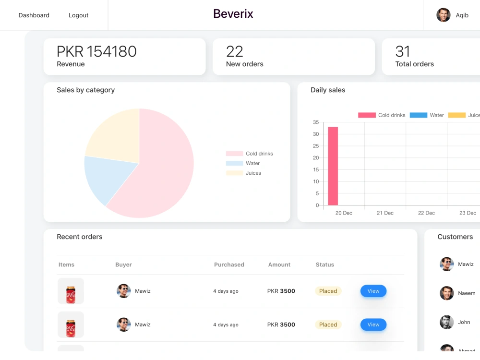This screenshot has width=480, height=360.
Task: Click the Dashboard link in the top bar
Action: pos(34,15)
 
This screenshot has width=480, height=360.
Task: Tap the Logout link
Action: pos(78,15)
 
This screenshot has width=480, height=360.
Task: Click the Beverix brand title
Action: pos(233,14)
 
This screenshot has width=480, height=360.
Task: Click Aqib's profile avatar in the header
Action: pos(443,15)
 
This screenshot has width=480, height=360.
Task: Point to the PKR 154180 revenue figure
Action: pos(97,51)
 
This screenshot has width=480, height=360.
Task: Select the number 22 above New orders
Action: pos(235,51)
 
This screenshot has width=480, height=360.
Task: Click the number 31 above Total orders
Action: pos(403,51)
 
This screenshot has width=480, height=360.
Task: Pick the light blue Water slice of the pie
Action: pos(107,178)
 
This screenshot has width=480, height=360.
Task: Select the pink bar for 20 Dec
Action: pos(333,166)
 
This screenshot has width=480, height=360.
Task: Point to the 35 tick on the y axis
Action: pos(316,122)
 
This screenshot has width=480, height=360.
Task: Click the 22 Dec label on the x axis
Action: pos(426,213)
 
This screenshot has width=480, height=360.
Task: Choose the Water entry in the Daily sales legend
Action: pos(427,115)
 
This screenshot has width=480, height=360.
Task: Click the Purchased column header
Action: pos(229,264)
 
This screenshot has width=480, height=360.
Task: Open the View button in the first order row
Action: pos(373,291)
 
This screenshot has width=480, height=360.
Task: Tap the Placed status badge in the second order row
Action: pos(328,324)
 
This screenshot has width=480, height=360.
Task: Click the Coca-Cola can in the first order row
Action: pos(71,295)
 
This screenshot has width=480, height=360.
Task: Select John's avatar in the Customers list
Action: pos(446,322)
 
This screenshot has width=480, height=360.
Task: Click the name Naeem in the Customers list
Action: pos(467,293)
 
